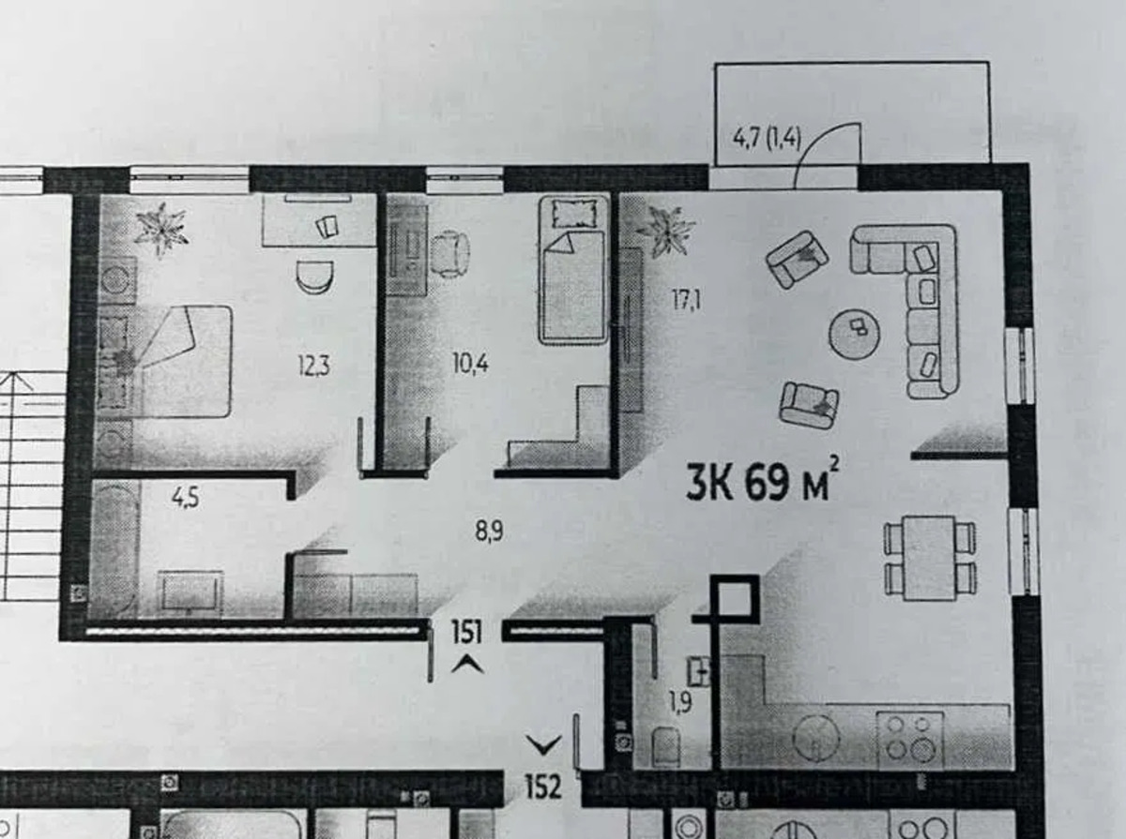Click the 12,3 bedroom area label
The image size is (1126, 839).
coord(314,366)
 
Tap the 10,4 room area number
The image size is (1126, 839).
coord(470,365)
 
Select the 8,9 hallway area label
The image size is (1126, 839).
coord(489,532)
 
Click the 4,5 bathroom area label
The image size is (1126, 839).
coord(186,498)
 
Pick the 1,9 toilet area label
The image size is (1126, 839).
coord(680,703)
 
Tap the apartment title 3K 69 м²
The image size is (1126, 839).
coord(763,482)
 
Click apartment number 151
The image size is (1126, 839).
coord(466,632)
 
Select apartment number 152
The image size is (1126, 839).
coord(543,787)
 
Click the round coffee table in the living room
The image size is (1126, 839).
coord(855,334)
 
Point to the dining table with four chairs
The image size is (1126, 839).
coord(929,558)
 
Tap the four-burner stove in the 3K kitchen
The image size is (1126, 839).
coord(910,741)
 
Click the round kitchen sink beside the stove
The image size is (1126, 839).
coord(815,738)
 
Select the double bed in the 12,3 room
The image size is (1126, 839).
coord(165,361)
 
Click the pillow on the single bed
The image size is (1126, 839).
coord(574,213)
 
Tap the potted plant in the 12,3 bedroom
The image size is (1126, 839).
coord(161,230)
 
